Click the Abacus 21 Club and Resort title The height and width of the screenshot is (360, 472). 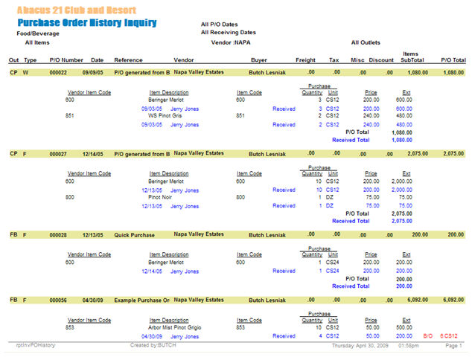coord(77,10)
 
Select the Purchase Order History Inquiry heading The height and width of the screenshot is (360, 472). coord(86,23)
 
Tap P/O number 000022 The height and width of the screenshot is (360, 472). coord(58,72)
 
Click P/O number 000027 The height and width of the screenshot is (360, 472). coord(58,153)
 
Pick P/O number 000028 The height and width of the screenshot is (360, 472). coord(58,234)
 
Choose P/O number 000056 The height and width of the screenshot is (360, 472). coord(58,300)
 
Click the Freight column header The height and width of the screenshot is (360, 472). coord(305,60)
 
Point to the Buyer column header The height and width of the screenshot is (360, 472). coord(259,60)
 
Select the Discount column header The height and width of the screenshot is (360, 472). coord(381,60)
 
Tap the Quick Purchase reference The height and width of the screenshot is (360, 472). coord(135,234)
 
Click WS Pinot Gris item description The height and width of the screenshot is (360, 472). coord(164,115)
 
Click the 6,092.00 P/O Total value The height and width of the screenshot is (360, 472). coord(453,300)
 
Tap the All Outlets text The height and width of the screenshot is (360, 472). coord(365,42)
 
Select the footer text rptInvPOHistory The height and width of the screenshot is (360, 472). coord(36,347)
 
